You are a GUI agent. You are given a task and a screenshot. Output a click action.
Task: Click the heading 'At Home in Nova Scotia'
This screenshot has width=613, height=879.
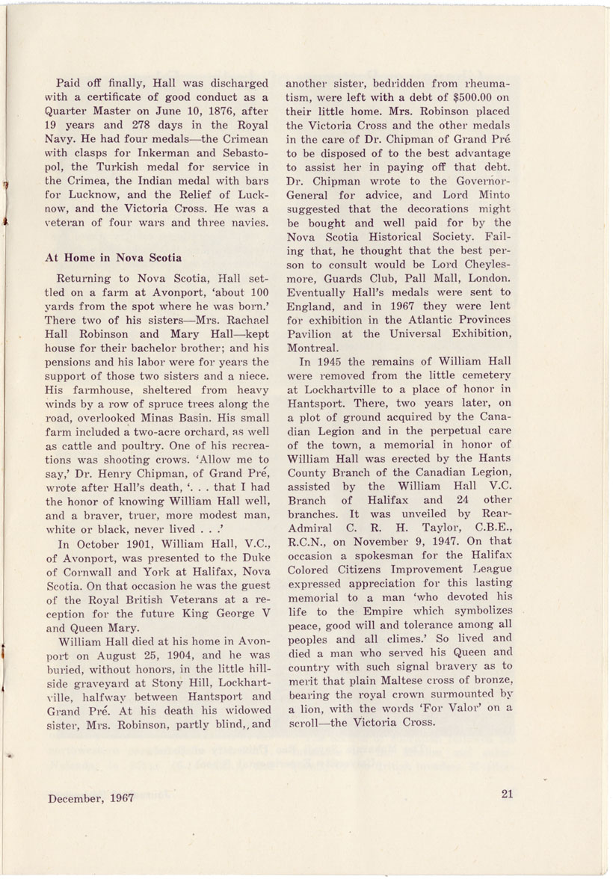tap(114, 258)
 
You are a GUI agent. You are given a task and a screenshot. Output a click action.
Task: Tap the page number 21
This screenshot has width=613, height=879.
tap(508, 795)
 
